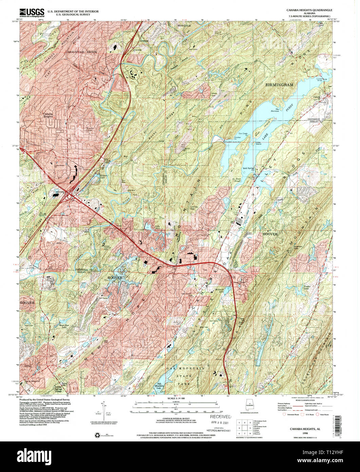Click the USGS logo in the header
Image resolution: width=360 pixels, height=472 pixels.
pyautogui.click(x=32, y=13)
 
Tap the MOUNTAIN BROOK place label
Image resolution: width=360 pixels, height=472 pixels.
pyautogui.click(x=82, y=52)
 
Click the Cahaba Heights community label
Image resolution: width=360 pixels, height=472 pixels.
pyautogui.click(x=48, y=116)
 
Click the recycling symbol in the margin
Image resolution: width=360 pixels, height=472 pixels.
pyautogui.click(x=94, y=435)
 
